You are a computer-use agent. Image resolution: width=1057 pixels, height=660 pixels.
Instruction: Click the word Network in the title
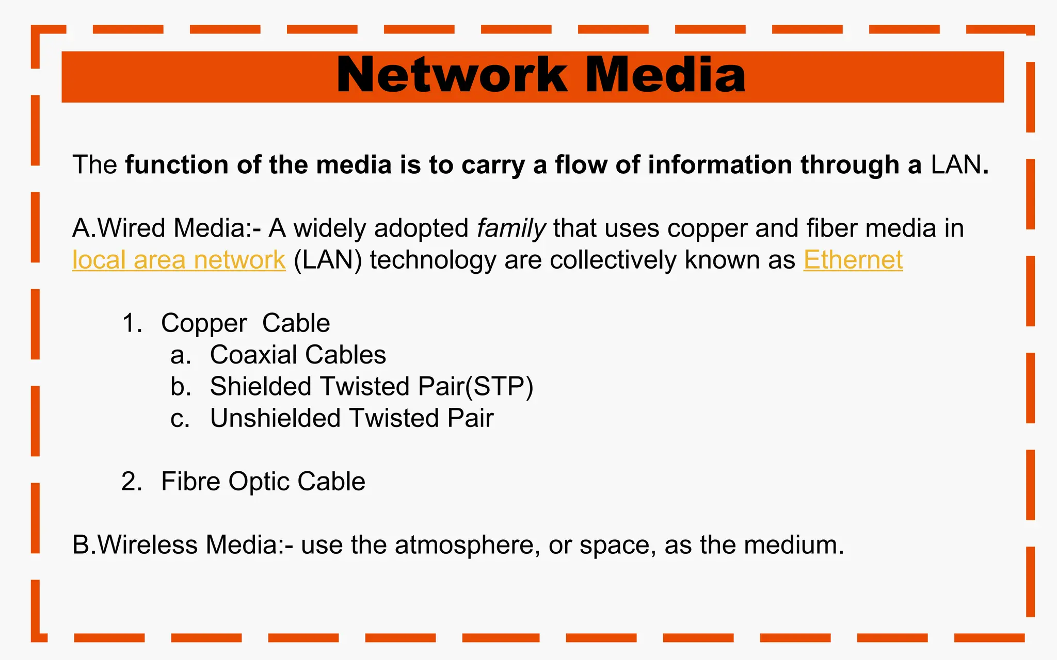pyautogui.click(x=452, y=75)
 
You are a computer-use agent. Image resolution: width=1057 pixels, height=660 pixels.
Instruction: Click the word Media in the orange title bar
pyautogui.click(x=665, y=75)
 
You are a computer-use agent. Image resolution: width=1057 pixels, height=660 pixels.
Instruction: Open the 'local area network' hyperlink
pyautogui.click(x=179, y=260)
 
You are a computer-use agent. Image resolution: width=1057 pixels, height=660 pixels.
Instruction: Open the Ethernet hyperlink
pyautogui.click(x=853, y=260)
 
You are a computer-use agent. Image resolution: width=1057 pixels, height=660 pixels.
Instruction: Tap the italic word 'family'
pyautogui.click(x=511, y=228)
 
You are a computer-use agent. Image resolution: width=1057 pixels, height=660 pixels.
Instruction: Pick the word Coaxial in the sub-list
pyautogui.click(x=253, y=355)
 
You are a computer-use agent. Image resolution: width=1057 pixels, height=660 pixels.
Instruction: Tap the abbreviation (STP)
pyautogui.click(x=499, y=387)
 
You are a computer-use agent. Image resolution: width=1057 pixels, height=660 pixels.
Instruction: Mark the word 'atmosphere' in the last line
pyautogui.click(x=464, y=545)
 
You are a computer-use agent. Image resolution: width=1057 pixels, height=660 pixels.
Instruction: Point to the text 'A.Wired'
pyautogui.click(x=119, y=228)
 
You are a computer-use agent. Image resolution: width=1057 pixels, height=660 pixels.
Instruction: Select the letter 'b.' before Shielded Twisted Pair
pyautogui.click(x=181, y=387)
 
